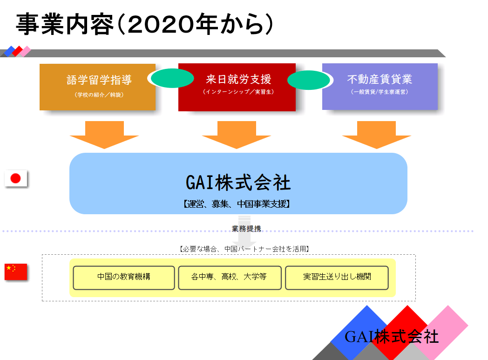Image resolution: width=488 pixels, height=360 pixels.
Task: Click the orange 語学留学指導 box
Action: coord(97,87)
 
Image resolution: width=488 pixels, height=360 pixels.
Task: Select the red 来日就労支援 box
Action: coord(237,87)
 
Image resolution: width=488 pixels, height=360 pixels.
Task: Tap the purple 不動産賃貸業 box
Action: coord(380,86)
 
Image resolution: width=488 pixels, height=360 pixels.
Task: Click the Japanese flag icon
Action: coord(16,178)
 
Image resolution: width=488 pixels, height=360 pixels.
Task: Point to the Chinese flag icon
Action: coord(16,272)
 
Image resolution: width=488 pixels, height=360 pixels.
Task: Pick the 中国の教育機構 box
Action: coord(124,278)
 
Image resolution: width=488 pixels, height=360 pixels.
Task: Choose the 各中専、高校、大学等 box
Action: coord(230,278)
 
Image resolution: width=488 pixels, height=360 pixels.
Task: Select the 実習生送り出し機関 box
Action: coord(337,278)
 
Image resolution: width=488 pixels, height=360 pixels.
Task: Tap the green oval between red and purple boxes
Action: coord(309,80)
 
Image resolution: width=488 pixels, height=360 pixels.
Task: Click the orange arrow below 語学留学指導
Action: coord(104,134)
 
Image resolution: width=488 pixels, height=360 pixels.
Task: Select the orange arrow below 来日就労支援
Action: coord(237,134)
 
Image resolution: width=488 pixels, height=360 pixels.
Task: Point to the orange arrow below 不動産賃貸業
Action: coord(376,134)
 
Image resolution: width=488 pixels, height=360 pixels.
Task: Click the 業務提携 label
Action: coord(246,228)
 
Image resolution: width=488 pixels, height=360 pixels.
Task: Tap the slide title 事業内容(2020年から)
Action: coord(144,24)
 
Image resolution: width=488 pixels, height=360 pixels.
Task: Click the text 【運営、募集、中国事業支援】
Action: coord(237,204)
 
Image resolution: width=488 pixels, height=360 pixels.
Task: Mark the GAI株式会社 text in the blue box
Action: coord(238,183)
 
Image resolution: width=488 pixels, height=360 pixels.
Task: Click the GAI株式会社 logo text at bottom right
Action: coord(392,336)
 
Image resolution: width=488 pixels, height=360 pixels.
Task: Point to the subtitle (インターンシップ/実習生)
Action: coord(237,92)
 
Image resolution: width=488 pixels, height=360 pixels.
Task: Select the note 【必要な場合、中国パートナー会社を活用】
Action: coord(244,249)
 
